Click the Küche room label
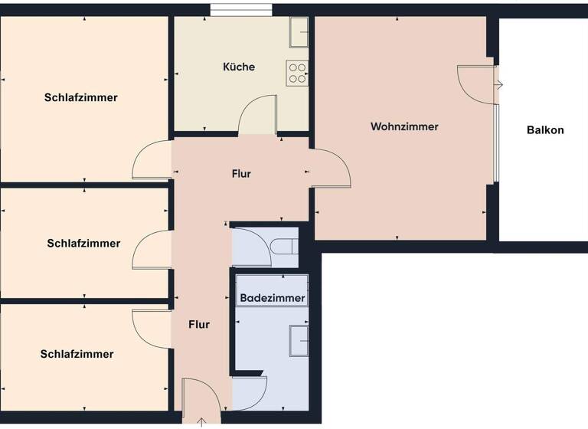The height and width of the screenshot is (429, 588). [239, 67]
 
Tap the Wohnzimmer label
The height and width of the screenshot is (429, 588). [404, 126]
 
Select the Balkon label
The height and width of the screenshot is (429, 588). [545, 129]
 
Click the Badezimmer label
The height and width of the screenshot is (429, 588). [273, 298]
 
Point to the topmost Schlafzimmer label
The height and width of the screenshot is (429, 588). [81, 97]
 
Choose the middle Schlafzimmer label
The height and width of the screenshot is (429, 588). [83, 244]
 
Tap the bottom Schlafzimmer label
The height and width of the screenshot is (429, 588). [77, 354]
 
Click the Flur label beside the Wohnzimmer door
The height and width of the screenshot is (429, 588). [241, 174]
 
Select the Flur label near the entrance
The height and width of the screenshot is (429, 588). [199, 325]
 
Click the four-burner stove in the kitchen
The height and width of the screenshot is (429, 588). [297, 73]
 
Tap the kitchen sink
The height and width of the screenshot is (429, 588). [299, 33]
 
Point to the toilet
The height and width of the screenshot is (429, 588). [283, 246]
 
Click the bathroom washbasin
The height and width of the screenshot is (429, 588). [299, 341]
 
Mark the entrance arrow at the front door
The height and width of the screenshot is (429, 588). [201, 421]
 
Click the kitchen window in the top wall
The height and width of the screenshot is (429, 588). [241, 10]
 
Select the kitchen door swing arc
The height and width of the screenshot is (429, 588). [257, 115]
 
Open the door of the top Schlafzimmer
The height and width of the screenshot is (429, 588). [152, 160]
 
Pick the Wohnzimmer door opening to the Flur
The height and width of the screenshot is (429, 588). [330, 169]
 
